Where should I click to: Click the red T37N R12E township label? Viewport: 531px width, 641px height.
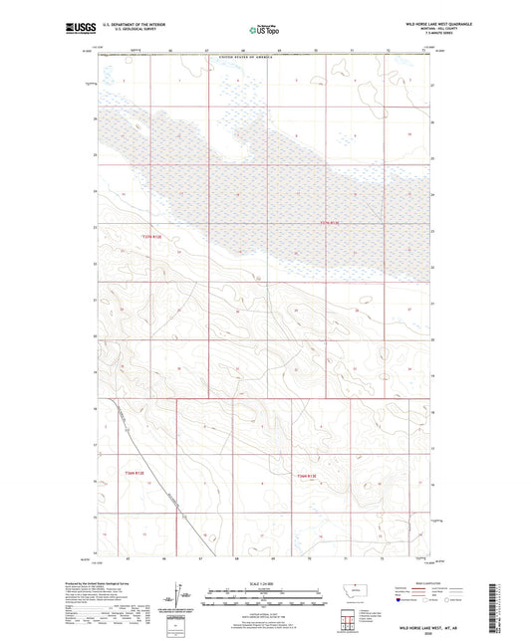(x=150, y=237)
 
